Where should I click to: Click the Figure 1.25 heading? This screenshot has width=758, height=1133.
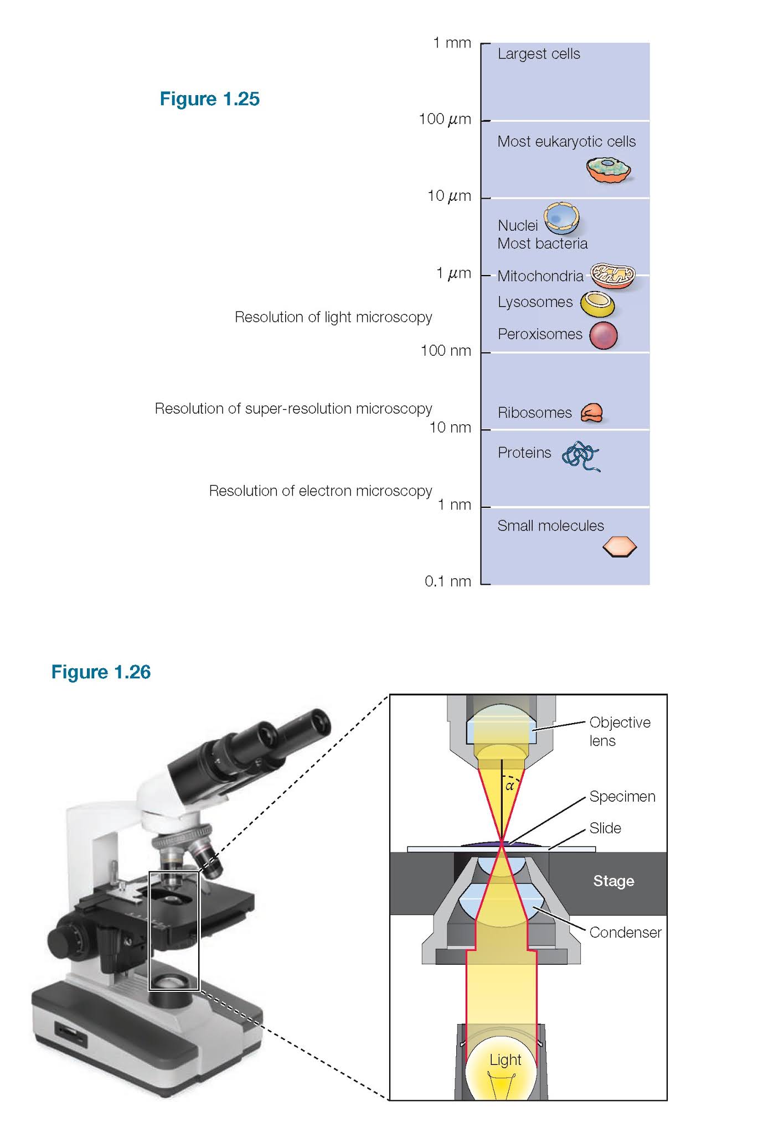(x=209, y=99)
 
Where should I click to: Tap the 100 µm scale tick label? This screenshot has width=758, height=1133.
(x=445, y=119)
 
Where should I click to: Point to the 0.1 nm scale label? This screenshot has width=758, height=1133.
(x=447, y=581)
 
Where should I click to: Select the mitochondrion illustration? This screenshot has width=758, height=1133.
(x=612, y=275)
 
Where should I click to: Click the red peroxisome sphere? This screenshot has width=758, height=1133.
(x=603, y=335)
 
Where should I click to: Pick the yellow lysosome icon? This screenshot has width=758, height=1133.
(x=597, y=303)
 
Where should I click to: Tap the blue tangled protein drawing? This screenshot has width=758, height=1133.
(x=580, y=455)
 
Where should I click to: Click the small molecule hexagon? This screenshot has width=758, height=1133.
(x=619, y=547)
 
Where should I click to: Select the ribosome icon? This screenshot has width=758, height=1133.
(x=591, y=413)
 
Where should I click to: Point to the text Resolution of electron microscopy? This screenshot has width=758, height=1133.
(x=320, y=491)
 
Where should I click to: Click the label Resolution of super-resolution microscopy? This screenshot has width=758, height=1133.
(x=293, y=408)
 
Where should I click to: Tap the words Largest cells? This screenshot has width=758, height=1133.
(x=538, y=54)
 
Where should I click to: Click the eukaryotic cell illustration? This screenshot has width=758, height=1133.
(x=608, y=169)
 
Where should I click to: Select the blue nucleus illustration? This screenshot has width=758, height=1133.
(x=561, y=218)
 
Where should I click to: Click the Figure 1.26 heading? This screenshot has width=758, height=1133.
(x=101, y=672)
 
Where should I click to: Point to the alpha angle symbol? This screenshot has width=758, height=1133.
(x=510, y=786)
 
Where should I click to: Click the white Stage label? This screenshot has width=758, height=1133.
(x=613, y=881)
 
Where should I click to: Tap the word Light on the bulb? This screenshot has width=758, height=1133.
(x=505, y=1059)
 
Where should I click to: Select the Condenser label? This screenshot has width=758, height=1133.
(x=625, y=932)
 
